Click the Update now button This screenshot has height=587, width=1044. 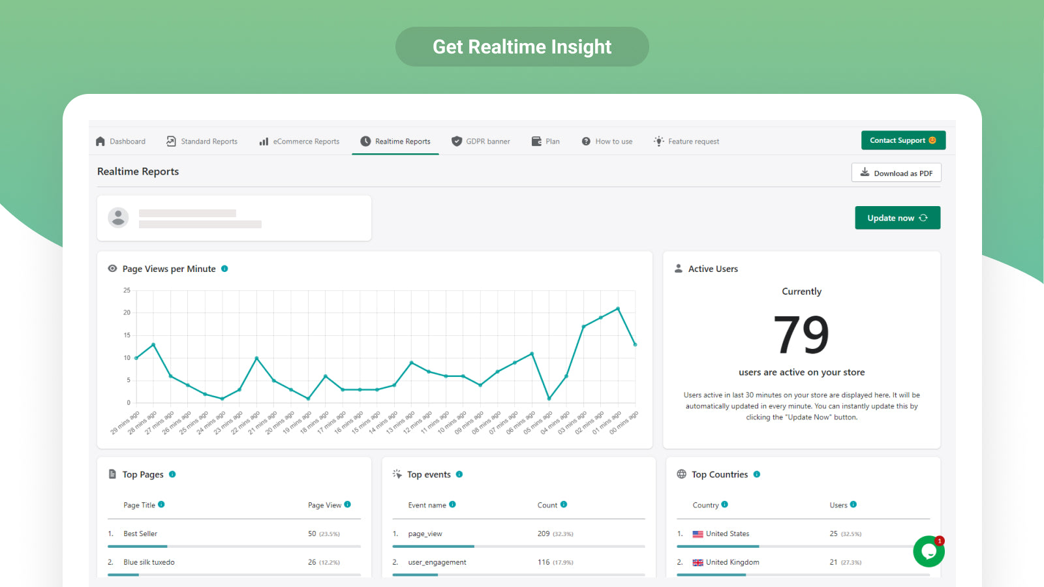click(x=897, y=218)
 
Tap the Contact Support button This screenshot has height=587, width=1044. click(x=903, y=140)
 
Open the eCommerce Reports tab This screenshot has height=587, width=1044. click(x=299, y=142)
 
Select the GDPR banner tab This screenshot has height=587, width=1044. click(x=481, y=142)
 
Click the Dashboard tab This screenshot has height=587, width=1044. click(x=121, y=142)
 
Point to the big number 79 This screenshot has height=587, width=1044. click(x=801, y=335)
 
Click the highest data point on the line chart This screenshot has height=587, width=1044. click(x=618, y=309)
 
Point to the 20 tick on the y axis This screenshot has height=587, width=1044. click(x=127, y=312)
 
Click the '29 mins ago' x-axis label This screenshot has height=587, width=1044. click(x=125, y=423)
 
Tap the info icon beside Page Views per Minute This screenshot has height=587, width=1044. click(x=224, y=269)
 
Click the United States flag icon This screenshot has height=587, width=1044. click(x=698, y=534)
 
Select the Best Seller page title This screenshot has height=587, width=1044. click(x=140, y=534)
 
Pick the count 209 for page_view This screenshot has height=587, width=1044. click(x=544, y=534)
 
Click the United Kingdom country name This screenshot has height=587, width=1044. click(x=732, y=562)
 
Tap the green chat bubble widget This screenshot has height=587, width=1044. click(x=929, y=552)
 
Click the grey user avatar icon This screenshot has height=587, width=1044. click(x=118, y=218)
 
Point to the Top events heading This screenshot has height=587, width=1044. click(x=429, y=475)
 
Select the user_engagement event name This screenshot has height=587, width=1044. click(x=437, y=562)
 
